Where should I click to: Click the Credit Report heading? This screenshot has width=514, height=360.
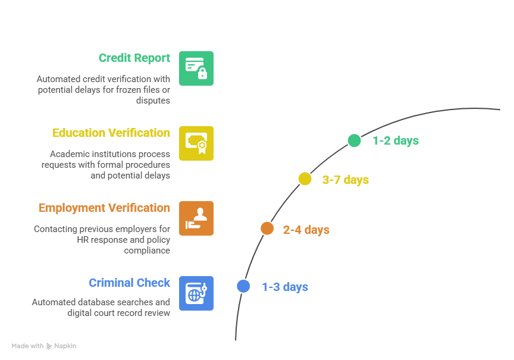coord(134,58)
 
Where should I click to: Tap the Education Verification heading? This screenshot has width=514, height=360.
coord(111,133)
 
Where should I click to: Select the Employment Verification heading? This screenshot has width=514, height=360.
coord(104,208)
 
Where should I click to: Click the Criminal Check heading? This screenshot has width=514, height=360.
coord(130,283)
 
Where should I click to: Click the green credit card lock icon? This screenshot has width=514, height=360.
coord(196,68)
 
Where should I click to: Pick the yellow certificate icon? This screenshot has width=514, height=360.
coord(196,143)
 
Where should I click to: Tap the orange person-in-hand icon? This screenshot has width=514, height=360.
coord(196,218)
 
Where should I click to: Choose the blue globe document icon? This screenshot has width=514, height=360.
coord(196,293)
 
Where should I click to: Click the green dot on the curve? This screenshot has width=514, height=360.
coord(355,140)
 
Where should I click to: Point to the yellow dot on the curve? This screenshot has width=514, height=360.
coord(305,179)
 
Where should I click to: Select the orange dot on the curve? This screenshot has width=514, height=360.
coord(267,228)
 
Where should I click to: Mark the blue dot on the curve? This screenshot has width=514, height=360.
coord(243,286)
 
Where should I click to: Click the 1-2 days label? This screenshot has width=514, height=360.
coord(396,140)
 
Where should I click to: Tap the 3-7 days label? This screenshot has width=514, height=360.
coord(346,180)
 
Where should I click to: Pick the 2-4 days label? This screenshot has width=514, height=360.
coord(306,230)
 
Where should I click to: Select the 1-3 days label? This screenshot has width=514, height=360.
coord(285,287)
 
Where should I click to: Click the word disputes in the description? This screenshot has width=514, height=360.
coord(153,101)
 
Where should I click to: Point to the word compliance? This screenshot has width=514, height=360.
coord(147,251)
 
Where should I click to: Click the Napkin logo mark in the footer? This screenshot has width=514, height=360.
coord(49,346)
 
